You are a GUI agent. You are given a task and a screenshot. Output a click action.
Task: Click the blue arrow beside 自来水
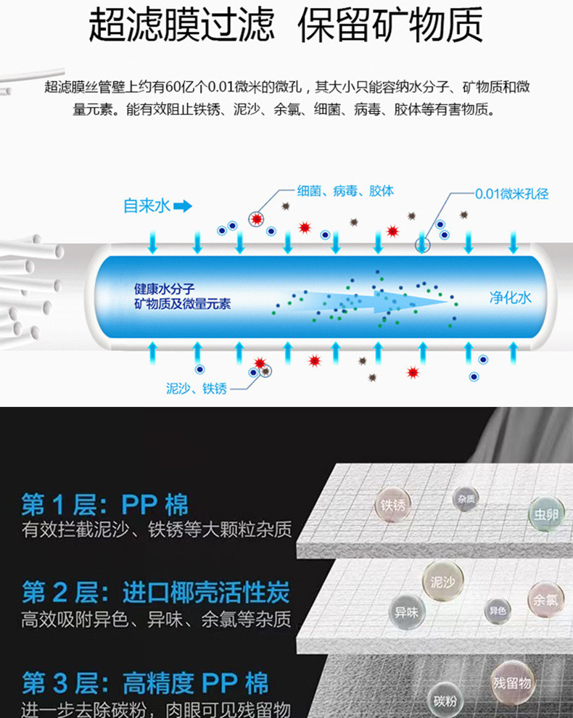pos(182,206)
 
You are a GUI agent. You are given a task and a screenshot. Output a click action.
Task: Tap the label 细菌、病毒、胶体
pos(345,191)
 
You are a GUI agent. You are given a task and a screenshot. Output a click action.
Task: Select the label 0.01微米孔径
pos(511,194)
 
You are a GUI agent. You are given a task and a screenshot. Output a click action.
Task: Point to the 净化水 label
pos(511,297)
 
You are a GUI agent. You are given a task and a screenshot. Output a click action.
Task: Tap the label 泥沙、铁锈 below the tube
pos(196,389)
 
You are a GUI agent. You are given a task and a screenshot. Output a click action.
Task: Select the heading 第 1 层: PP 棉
pos(105,504)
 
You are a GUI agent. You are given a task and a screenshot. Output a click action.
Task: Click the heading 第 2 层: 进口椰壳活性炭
pos(155,594)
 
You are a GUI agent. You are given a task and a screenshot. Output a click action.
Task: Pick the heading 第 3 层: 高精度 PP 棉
pos(145,683)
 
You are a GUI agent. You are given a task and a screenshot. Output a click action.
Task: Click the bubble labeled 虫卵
pos(545,513)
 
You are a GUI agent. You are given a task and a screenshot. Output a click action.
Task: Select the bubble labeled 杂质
pos(467,499)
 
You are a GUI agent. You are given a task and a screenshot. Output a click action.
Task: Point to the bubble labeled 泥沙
pos(442,581)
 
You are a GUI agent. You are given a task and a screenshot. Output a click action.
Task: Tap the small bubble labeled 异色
pos(498,611)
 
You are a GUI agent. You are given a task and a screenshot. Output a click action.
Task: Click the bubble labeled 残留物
pos(512,682)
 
